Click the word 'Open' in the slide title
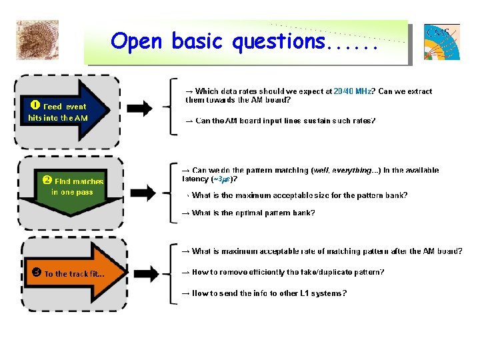click(x=137, y=41)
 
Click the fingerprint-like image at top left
click(x=37, y=40)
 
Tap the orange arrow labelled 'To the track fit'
click(x=73, y=273)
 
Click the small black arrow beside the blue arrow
click(x=139, y=107)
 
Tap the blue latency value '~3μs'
click(x=224, y=179)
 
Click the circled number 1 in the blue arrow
click(x=35, y=105)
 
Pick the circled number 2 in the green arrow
click(x=47, y=180)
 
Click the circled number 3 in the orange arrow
click(x=37, y=273)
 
